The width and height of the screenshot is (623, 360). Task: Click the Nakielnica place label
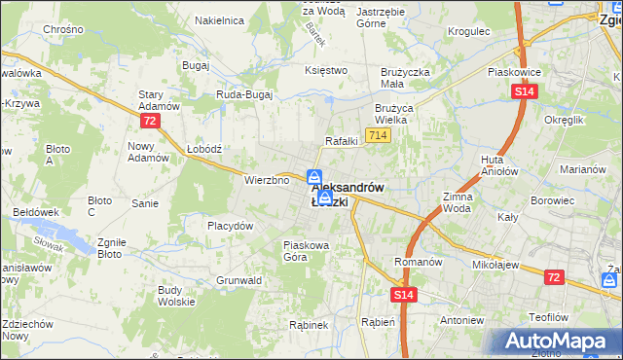(x=219, y=19)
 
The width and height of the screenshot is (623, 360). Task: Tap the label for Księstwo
(x=326, y=70)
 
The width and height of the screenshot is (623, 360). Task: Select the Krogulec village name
(x=467, y=31)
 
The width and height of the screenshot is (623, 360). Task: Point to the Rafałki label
(x=342, y=140)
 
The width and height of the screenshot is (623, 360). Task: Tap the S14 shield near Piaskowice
(x=524, y=91)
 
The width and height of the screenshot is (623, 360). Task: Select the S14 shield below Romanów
(x=405, y=294)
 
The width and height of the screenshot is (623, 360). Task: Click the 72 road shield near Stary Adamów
(x=149, y=121)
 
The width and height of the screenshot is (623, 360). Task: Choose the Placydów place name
(x=231, y=226)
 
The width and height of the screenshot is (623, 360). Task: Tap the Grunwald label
(x=239, y=280)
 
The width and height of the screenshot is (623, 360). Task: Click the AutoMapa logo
(x=556, y=341)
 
